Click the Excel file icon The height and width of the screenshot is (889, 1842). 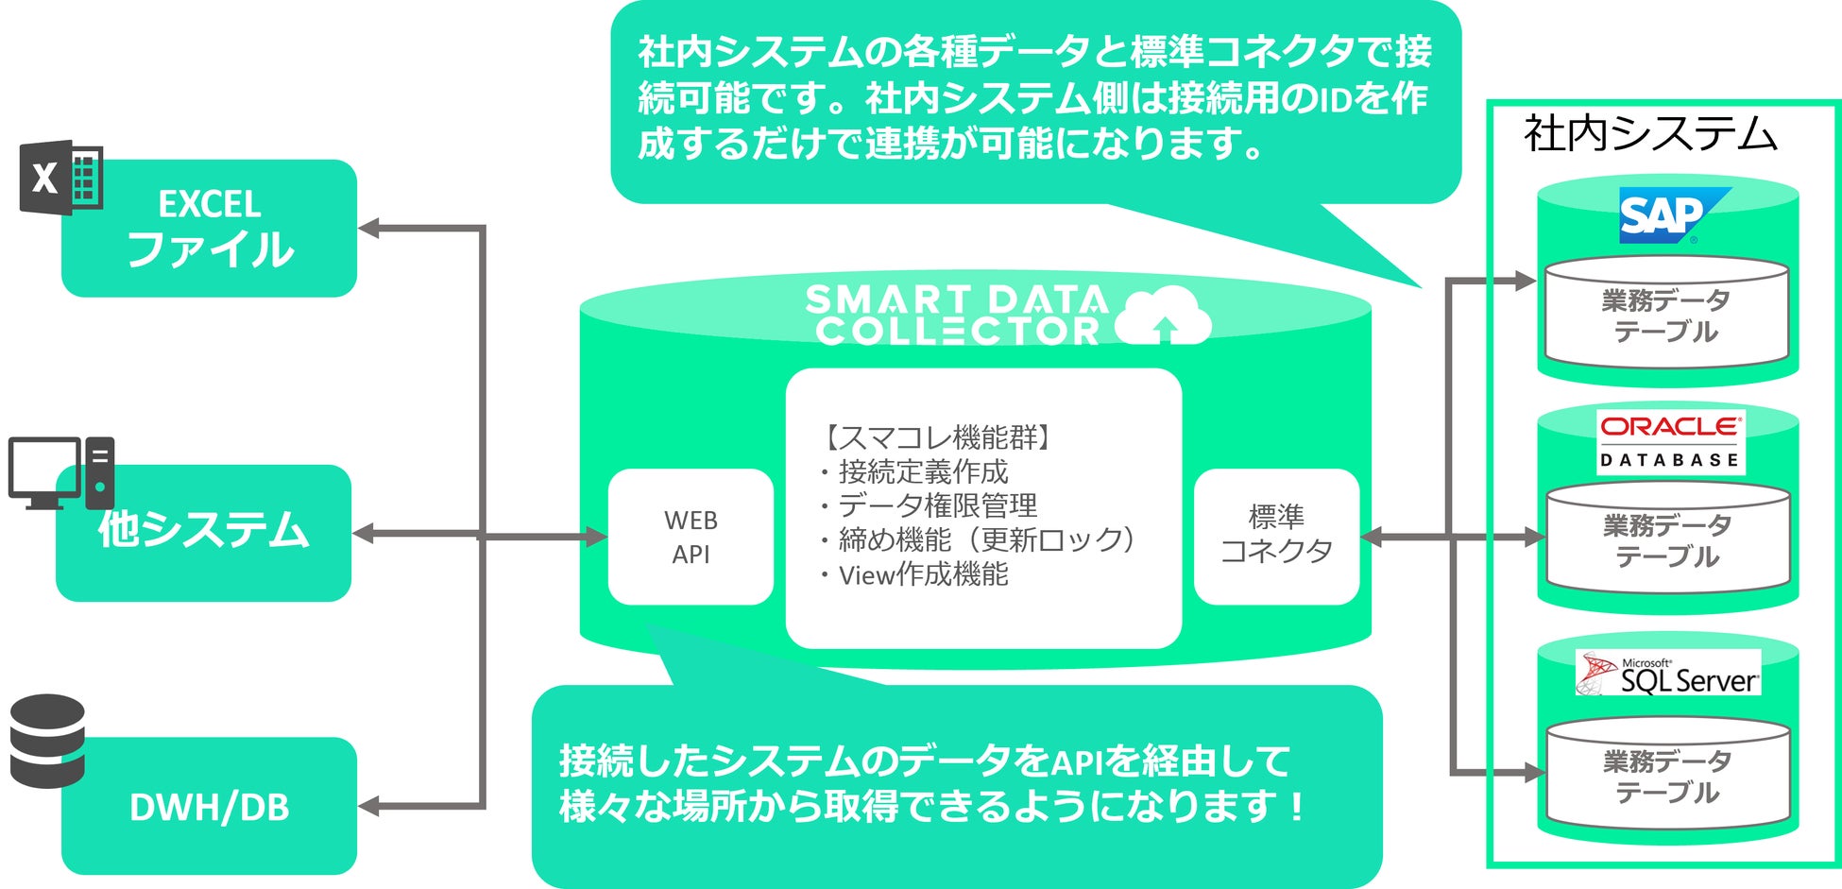point(60,177)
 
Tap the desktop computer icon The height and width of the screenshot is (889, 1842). point(60,472)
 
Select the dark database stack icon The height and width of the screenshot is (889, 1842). point(47,741)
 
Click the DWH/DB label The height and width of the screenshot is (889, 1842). point(209,808)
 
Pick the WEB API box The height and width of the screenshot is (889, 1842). point(691,537)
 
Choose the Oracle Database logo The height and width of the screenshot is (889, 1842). point(1670,441)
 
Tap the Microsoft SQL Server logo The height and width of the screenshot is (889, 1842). point(1668,674)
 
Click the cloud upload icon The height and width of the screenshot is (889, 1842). point(1163,316)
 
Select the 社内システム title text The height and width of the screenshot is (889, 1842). point(1650,133)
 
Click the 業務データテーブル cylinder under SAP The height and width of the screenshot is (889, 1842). point(1666,315)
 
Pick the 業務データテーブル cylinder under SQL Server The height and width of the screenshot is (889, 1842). point(1667,775)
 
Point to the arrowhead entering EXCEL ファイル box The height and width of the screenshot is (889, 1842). point(368,228)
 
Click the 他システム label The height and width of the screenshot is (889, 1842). point(203,530)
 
